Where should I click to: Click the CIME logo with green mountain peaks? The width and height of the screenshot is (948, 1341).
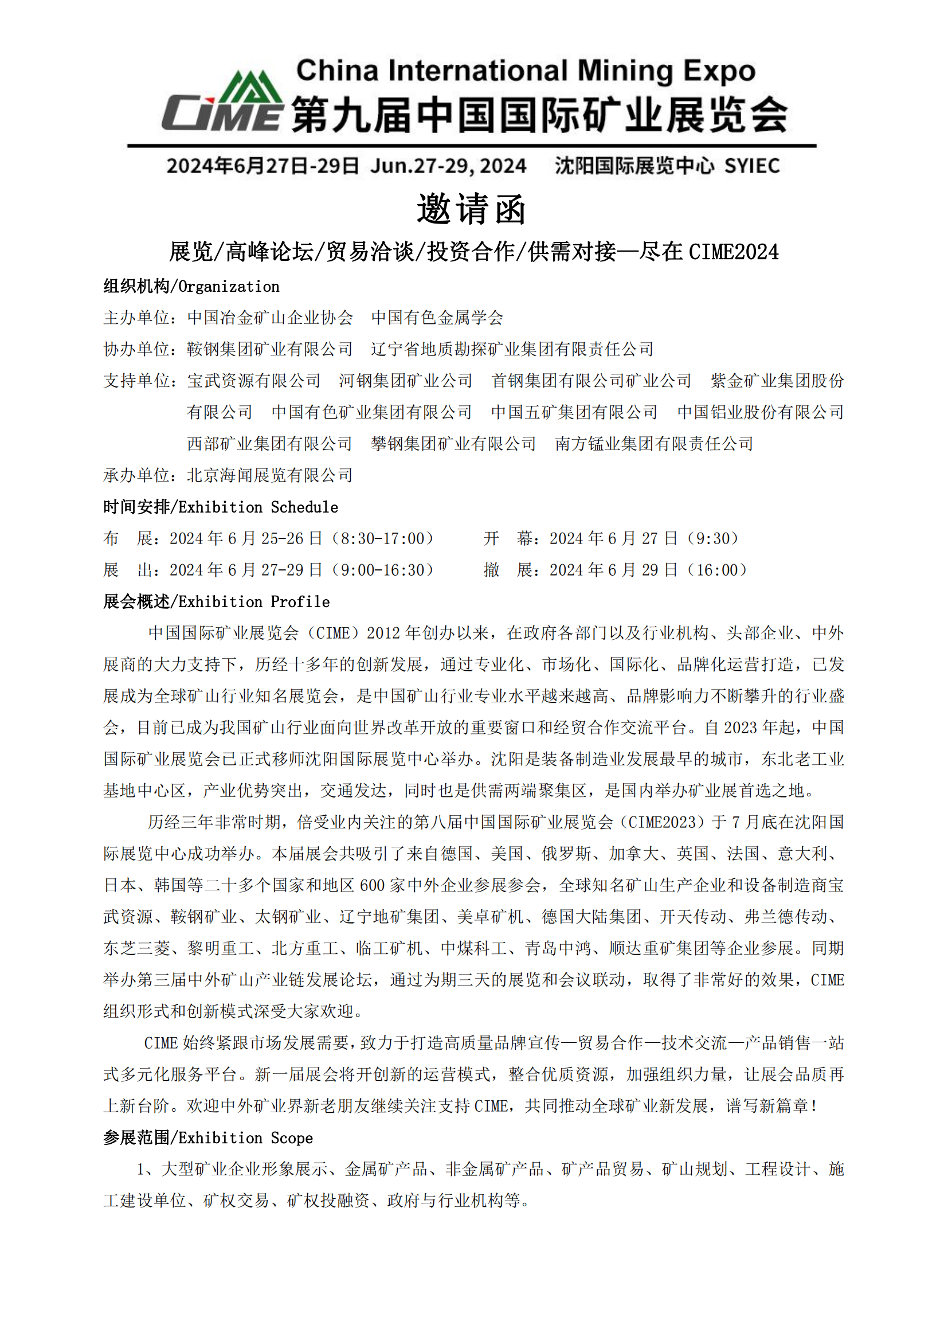222,101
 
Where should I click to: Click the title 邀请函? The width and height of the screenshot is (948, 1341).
472,209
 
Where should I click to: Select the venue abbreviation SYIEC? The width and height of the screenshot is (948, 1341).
752,166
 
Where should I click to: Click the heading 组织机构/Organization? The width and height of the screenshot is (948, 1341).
191,286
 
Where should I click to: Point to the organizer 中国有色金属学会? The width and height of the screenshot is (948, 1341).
437,318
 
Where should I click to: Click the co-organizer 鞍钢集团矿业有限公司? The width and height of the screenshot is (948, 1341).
270,349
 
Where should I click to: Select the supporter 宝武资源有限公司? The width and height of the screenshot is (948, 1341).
254,381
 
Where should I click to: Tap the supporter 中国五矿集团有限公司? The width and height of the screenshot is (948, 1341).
574,412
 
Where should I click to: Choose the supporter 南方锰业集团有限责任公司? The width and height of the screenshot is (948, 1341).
654,444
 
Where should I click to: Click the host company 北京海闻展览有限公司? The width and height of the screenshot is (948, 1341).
270,475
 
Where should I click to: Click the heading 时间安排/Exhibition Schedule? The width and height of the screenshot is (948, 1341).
221,507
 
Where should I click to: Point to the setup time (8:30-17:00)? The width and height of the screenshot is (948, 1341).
382,538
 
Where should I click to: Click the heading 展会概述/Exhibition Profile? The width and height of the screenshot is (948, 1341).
217,601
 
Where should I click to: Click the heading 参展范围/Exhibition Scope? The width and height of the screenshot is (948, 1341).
208,1137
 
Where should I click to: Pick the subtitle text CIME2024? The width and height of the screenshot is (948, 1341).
734,252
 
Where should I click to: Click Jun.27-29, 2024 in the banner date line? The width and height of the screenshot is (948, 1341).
448,166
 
